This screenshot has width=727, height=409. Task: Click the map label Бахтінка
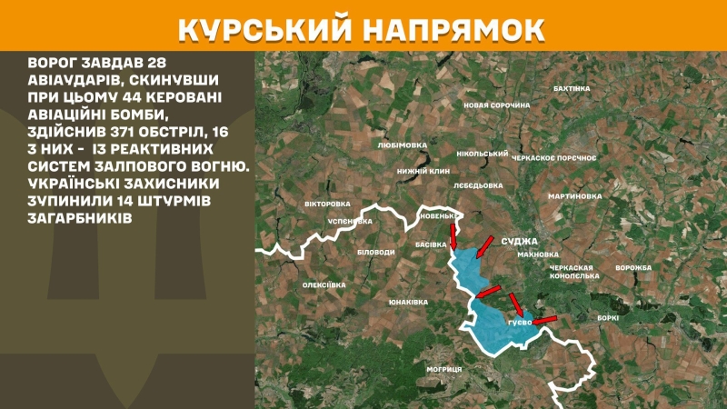pyautogui.click(x=572, y=88)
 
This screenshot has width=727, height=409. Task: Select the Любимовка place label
pyautogui.click(x=402, y=144)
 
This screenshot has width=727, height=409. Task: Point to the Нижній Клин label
pyautogui.click(x=423, y=170)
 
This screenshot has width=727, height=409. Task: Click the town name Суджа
pyautogui.click(x=520, y=241)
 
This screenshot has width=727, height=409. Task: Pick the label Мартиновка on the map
pyautogui.click(x=575, y=195)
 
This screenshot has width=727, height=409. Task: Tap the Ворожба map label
pyautogui.click(x=633, y=267)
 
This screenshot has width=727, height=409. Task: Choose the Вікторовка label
pyautogui.click(x=326, y=204)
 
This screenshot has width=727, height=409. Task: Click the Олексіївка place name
pyautogui.click(x=324, y=284)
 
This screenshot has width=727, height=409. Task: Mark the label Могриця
pyautogui.click(x=444, y=369)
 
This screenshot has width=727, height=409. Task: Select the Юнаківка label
pyautogui.click(x=407, y=301)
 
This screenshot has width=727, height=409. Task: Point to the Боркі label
pyautogui.click(x=608, y=317)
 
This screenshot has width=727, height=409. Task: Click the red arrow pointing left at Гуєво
pyautogui.click(x=543, y=319)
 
